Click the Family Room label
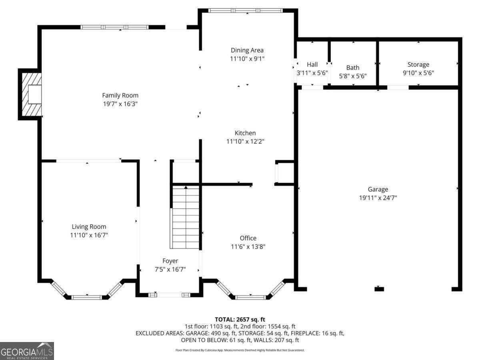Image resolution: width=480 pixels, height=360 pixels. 120,95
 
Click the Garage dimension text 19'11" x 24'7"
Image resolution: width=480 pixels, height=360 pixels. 378,198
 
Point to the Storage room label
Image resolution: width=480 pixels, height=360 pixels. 418,64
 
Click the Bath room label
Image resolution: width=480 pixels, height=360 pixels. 352,68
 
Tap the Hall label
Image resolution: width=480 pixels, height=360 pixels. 312,64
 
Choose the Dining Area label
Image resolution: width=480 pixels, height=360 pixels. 247,50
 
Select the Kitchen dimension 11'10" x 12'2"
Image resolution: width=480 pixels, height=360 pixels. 245,141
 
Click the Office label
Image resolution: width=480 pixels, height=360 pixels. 248,238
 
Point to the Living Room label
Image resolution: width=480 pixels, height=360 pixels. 89,226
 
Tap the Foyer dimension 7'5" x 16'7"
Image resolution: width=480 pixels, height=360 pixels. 170,269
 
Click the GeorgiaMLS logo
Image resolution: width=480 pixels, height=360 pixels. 27,351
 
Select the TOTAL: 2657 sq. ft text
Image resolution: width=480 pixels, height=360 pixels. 240,319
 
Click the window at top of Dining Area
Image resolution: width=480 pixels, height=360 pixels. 246,11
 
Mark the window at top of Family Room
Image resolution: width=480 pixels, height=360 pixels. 114,27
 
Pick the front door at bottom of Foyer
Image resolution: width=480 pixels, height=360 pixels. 169,295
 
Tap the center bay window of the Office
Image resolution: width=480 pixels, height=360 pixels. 250,297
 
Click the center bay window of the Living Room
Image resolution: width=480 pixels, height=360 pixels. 87,297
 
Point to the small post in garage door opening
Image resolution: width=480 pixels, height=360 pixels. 379,289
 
